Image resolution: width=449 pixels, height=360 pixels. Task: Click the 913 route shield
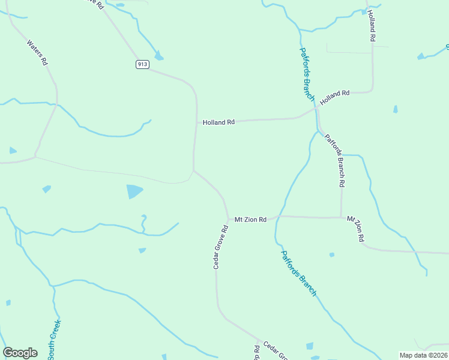tap(142, 65)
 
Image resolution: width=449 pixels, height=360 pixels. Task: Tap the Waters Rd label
tap(37, 53)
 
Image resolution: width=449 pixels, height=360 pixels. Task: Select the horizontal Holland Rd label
tap(218, 122)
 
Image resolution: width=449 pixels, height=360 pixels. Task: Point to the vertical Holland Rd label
tap(372, 26)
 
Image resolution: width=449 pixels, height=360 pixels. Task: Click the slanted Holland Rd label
tap(334, 97)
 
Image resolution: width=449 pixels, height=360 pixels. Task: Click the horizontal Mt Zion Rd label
tap(250, 220)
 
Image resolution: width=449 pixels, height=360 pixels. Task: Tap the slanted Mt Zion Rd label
tap(355, 229)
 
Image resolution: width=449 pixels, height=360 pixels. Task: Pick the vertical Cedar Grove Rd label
tap(220, 247)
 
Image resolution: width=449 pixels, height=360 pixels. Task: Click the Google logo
tap(20, 353)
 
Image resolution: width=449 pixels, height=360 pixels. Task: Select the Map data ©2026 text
tap(423, 355)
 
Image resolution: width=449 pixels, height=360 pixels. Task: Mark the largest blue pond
tap(134, 191)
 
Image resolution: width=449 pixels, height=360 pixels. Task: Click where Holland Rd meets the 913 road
tap(196, 122)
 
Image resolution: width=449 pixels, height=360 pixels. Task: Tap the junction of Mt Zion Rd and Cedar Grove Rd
tap(228, 220)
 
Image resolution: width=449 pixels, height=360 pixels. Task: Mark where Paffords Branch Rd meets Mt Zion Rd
tap(341, 217)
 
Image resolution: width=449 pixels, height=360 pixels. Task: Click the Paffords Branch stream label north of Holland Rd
tap(307, 74)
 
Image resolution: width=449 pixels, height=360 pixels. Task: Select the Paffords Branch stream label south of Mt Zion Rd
tap(298, 273)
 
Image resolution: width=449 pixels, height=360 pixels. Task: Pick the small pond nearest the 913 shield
tap(158, 56)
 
